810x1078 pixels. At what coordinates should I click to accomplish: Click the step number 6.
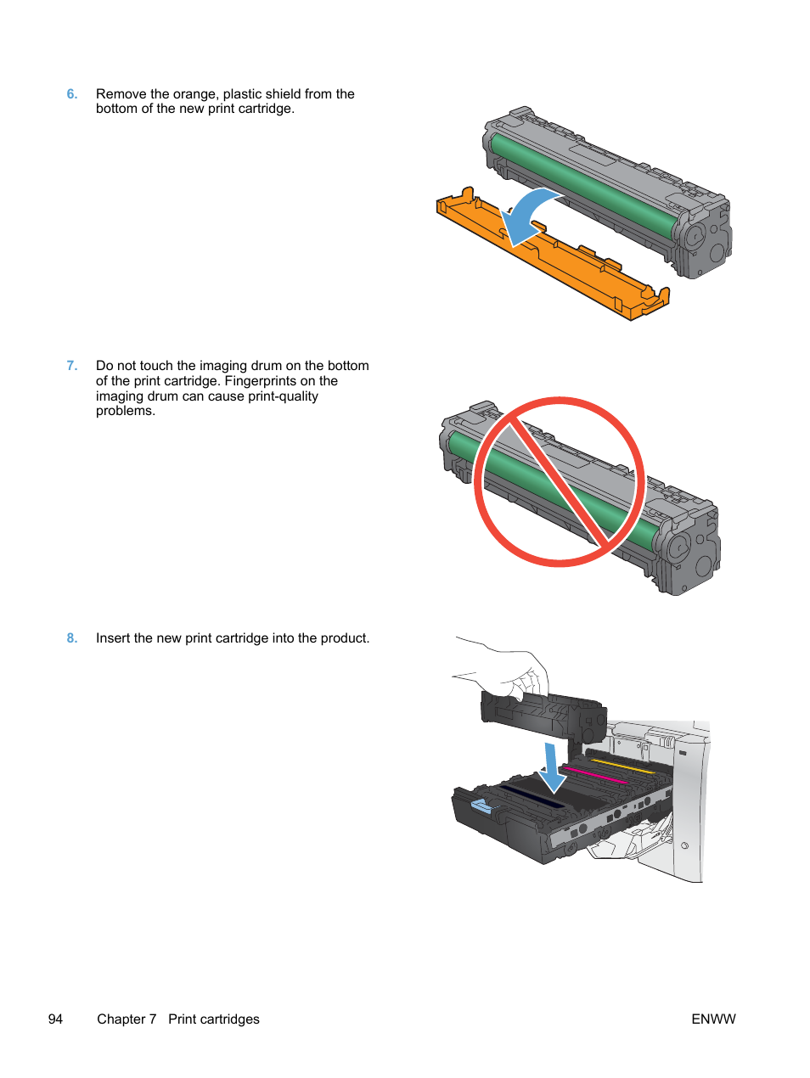pos(72,94)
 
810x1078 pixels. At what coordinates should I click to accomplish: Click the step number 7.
pos(72,366)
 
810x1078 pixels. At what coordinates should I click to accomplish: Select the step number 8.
pos(72,638)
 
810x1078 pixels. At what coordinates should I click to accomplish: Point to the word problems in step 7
pos(125,412)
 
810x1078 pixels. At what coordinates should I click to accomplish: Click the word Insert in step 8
pos(113,638)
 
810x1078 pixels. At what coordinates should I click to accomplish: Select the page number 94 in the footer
pos(55,1019)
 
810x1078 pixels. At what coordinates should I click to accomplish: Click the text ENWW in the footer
pos(713,1019)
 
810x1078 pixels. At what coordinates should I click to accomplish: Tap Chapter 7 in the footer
pos(127,1019)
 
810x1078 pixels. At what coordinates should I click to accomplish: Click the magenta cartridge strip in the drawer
pos(594,775)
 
